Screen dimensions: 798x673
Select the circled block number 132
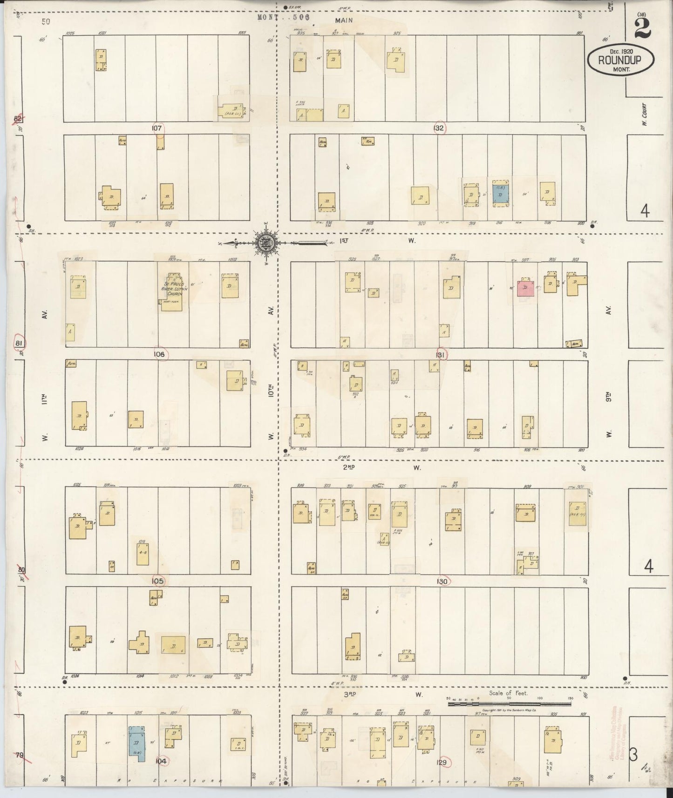click(439, 128)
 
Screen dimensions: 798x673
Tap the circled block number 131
click(441, 355)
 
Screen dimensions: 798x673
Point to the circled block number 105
click(158, 581)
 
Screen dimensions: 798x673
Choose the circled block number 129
click(442, 762)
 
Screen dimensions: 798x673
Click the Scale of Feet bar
click(509, 704)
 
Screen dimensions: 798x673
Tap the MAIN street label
click(344, 20)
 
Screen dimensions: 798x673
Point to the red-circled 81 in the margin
click(19, 343)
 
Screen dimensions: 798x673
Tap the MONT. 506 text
click(284, 17)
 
